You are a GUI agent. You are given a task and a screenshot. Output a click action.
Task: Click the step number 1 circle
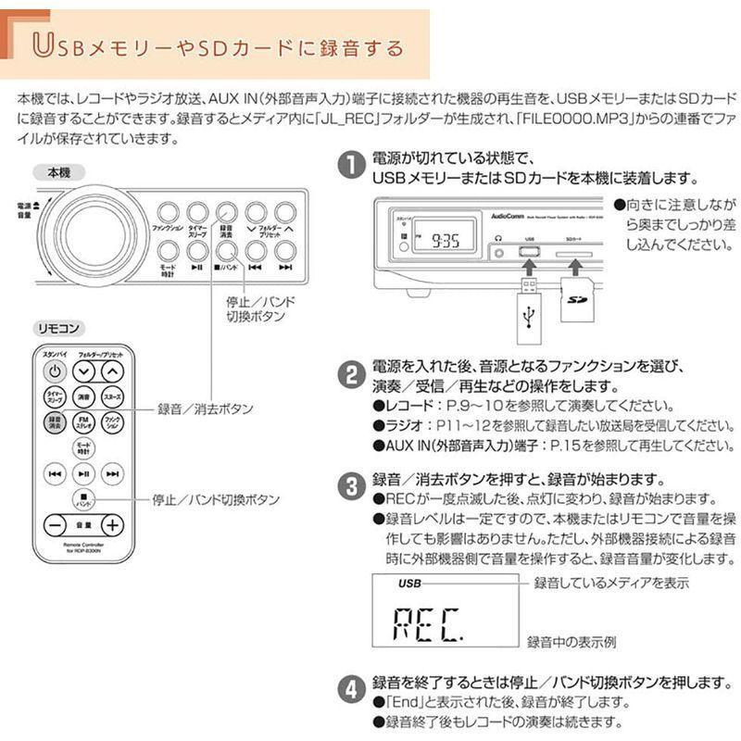[350, 167]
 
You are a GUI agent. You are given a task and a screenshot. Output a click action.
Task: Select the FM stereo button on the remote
[83, 422]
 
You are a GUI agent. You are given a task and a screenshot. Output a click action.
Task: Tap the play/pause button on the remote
[83, 473]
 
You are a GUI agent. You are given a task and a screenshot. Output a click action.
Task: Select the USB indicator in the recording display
[408, 584]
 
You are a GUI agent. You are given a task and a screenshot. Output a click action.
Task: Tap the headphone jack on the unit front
[499, 239]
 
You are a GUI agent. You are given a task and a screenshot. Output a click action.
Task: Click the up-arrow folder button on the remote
[112, 371]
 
